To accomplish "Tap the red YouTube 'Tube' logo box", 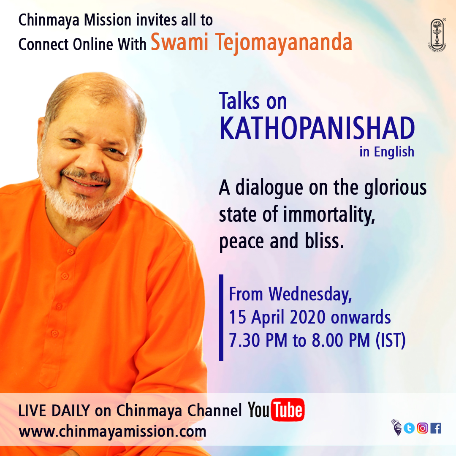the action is [x=288, y=410].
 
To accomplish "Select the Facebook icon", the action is [x=436, y=428].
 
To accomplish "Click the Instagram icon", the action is [x=423, y=428].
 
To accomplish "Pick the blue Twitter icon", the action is [x=409, y=428].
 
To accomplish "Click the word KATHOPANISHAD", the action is [x=317, y=128].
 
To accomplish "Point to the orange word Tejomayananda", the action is [x=284, y=43].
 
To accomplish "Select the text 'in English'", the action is [x=387, y=152].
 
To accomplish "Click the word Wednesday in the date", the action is [x=310, y=294].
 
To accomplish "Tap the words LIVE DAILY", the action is [x=54, y=411].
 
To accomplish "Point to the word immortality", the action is [x=329, y=214].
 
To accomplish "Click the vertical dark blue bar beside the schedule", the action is [x=221, y=318].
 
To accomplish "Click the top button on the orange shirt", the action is [x=71, y=251].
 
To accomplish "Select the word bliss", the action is [x=324, y=241].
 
